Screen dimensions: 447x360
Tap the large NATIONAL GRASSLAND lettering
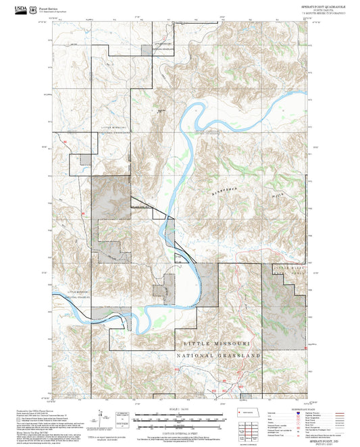pyautogui.click(x=218, y=354)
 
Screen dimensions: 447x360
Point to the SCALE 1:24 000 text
pyautogui.click(x=180, y=408)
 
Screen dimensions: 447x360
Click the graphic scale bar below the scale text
pyautogui.click(x=180, y=417)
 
